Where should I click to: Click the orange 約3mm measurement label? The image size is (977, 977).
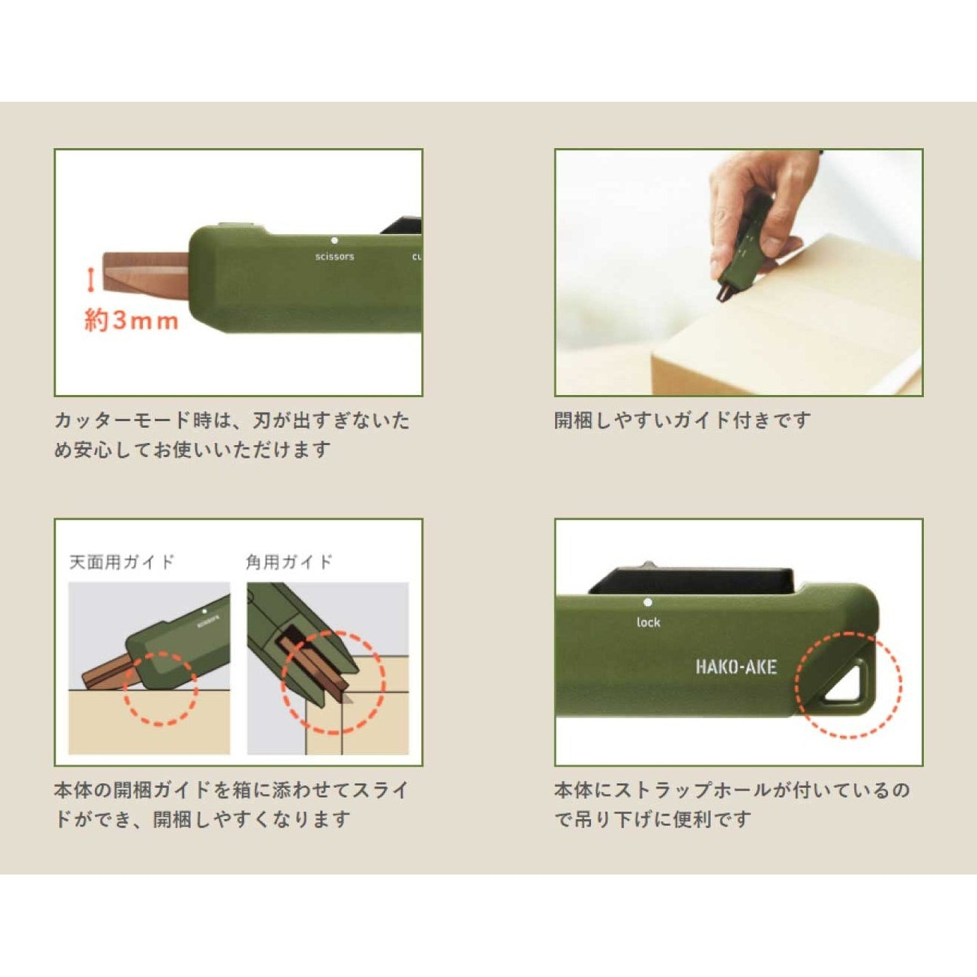click(x=132, y=321)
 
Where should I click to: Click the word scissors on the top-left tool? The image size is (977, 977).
click(x=334, y=257)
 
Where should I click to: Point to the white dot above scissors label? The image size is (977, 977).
click(x=334, y=241)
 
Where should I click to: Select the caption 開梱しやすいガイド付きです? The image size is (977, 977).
click(x=682, y=420)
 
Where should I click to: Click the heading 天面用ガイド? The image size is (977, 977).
click(x=122, y=562)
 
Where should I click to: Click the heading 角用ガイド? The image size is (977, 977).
click(x=289, y=562)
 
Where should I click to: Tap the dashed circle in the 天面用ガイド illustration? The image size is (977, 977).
click(x=160, y=688)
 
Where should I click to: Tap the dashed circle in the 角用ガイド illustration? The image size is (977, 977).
click(x=333, y=684)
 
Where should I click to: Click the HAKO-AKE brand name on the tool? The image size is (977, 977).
click(x=736, y=667)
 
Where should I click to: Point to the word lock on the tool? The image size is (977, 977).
click(x=649, y=622)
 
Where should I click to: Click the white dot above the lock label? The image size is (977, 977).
click(x=648, y=602)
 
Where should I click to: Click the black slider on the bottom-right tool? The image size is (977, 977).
click(x=692, y=581)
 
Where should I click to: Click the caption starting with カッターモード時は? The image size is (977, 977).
click(x=232, y=435)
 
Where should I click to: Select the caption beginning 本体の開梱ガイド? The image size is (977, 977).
click(x=232, y=804)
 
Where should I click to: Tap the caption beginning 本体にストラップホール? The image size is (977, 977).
click(x=732, y=804)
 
